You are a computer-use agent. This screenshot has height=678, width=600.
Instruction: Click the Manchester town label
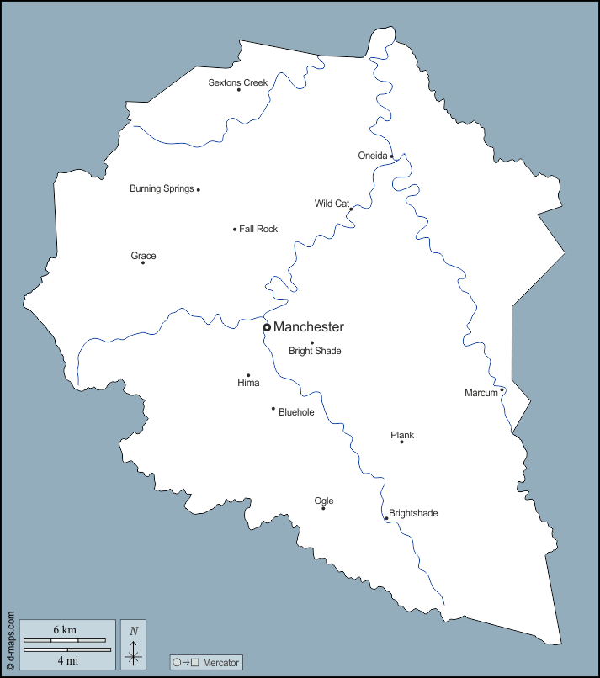(309, 327)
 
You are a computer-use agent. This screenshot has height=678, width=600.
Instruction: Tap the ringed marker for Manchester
(267, 327)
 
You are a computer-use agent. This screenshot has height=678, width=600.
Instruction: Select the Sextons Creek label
(238, 82)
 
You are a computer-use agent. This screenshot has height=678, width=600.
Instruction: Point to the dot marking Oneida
(391, 156)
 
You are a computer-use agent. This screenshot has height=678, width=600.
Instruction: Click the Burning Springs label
(162, 189)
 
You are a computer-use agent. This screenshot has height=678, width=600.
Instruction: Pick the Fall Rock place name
(258, 229)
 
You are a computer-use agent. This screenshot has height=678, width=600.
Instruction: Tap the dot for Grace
(143, 262)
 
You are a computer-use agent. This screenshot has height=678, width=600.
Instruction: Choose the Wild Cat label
(332, 204)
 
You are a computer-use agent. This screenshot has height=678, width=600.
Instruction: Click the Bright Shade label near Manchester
(315, 351)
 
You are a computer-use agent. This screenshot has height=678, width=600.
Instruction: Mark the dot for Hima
(248, 375)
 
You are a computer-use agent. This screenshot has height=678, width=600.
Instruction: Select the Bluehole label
(296, 412)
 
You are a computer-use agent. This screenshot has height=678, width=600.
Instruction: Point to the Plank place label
(402, 435)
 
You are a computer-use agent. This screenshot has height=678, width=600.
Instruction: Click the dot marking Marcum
(502, 389)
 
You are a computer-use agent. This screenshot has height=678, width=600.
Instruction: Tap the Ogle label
(324, 501)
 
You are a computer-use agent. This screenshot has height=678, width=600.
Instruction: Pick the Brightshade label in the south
(413, 513)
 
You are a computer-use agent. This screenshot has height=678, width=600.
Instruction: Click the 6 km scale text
(65, 630)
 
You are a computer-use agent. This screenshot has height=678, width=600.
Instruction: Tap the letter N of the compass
(134, 631)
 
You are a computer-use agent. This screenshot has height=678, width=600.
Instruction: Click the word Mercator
(221, 663)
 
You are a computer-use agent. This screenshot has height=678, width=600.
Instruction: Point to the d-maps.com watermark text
(10, 639)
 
